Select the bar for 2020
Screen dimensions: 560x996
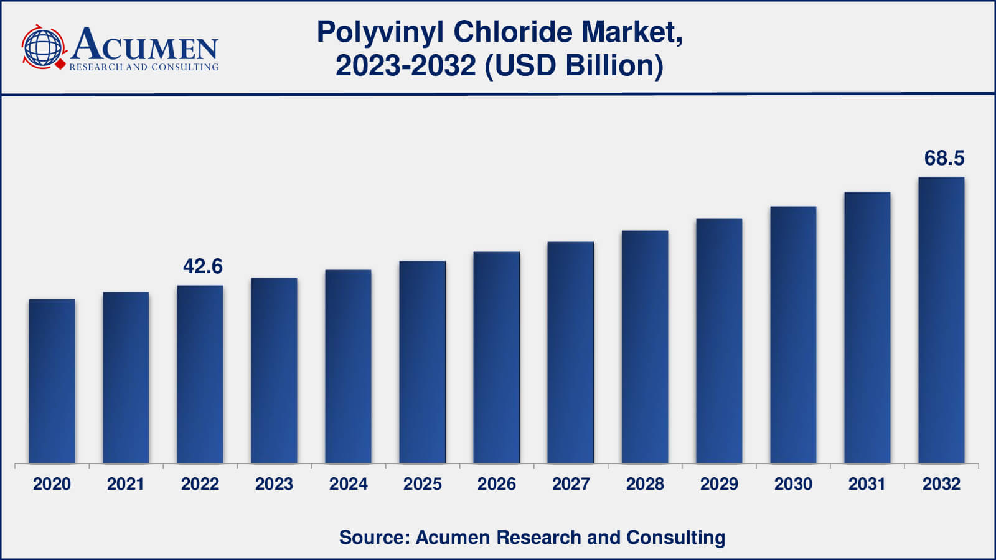pyautogui.click(x=52, y=381)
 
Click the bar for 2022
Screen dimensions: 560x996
pyautogui.click(x=200, y=374)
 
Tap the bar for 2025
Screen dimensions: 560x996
pyautogui.click(x=422, y=362)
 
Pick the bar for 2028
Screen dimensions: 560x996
pyautogui.click(x=645, y=347)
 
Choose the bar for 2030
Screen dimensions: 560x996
pyautogui.click(x=793, y=335)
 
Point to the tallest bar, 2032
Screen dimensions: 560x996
pyautogui.click(x=941, y=320)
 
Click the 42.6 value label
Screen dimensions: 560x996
pyautogui.click(x=203, y=266)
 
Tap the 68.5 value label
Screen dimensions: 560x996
pyautogui.click(x=944, y=158)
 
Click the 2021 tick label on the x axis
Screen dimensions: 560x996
pyautogui.click(x=126, y=484)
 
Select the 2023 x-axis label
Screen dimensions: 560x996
pyautogui.click(x=274, y=484)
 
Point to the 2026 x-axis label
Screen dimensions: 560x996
pyautogui.click(x=496, y=484)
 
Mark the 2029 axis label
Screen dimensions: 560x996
pyautogui.click(x=719, y=484)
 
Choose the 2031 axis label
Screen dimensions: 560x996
pyautogui.click(x=867, y=484)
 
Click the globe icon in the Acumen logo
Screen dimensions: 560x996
pyautogui.click(x=43, y=47)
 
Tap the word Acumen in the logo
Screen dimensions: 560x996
pyautogui.click(x=144, y=45)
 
